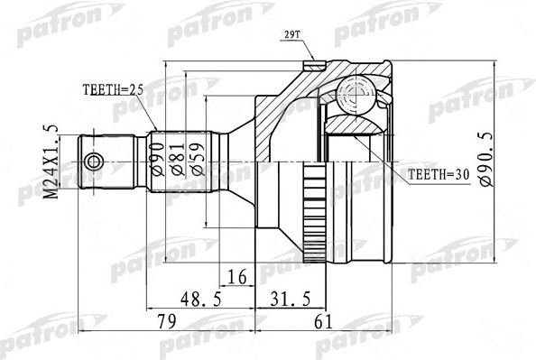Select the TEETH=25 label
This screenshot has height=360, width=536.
point(113,90)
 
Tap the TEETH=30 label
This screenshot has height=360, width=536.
point(439,175)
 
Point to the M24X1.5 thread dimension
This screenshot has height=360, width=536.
point(51,162)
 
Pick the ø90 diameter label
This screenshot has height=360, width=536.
point(158,160)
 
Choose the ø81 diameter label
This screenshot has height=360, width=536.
point(178,160)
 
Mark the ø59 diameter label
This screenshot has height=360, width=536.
point(198,159)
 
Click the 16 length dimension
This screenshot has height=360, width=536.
point(237,277)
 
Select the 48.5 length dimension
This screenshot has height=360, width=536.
point(201,300)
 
